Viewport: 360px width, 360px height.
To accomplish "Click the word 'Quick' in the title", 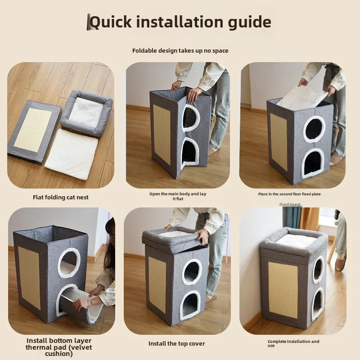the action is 111,22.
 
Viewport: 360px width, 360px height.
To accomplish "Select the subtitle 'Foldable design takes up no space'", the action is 180,50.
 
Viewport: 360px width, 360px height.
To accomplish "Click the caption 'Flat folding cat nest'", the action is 61,197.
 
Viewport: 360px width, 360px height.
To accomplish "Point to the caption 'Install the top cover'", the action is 176,343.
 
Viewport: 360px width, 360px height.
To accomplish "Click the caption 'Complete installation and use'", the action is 293,343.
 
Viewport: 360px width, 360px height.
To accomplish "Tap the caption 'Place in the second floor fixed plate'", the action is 289,194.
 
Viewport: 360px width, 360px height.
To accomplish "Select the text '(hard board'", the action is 290,204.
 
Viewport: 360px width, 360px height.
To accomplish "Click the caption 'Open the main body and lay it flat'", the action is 178,196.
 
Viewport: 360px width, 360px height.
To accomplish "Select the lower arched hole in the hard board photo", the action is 312,163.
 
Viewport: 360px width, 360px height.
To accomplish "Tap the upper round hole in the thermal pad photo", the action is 68,263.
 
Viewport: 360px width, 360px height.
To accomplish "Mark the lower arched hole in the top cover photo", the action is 191,305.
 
